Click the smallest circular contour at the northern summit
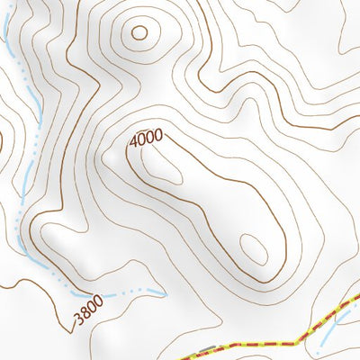click(x=139, y=34)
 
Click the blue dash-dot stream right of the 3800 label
click(x=135, y=292)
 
